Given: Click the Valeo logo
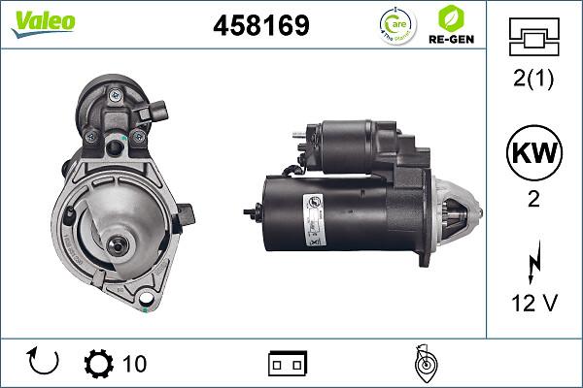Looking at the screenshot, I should (x=43, y=22).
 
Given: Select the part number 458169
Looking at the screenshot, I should (x=260, y=26).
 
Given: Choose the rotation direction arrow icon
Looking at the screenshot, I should (x=44, y=363).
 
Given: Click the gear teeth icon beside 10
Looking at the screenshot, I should (x=99, y=364).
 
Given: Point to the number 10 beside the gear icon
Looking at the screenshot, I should (x=134, y=364).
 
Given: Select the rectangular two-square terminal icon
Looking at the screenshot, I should (x=287, y=364).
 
